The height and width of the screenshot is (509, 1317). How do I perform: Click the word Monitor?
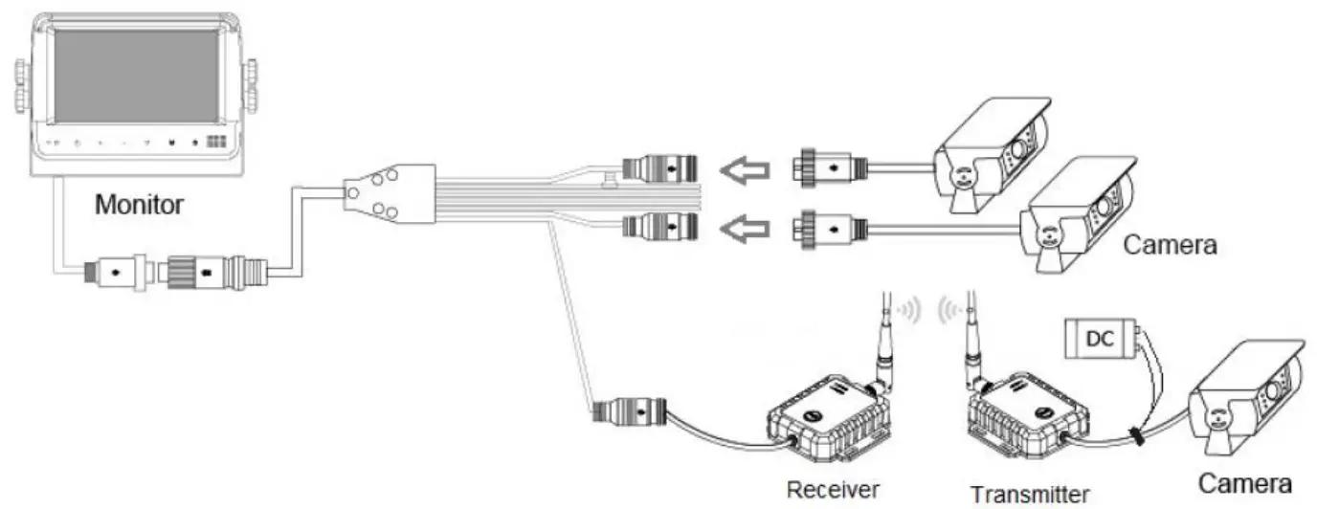(139, 204)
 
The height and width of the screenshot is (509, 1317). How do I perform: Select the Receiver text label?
(832, 490)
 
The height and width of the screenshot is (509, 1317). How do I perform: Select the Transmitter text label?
(1030, 494)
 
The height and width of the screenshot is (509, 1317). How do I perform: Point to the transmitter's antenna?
(974, 335)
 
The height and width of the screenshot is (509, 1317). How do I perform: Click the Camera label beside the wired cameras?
(1170, 245)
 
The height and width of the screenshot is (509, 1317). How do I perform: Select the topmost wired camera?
(995, 153)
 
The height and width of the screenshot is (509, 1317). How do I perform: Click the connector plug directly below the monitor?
(117, 272)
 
